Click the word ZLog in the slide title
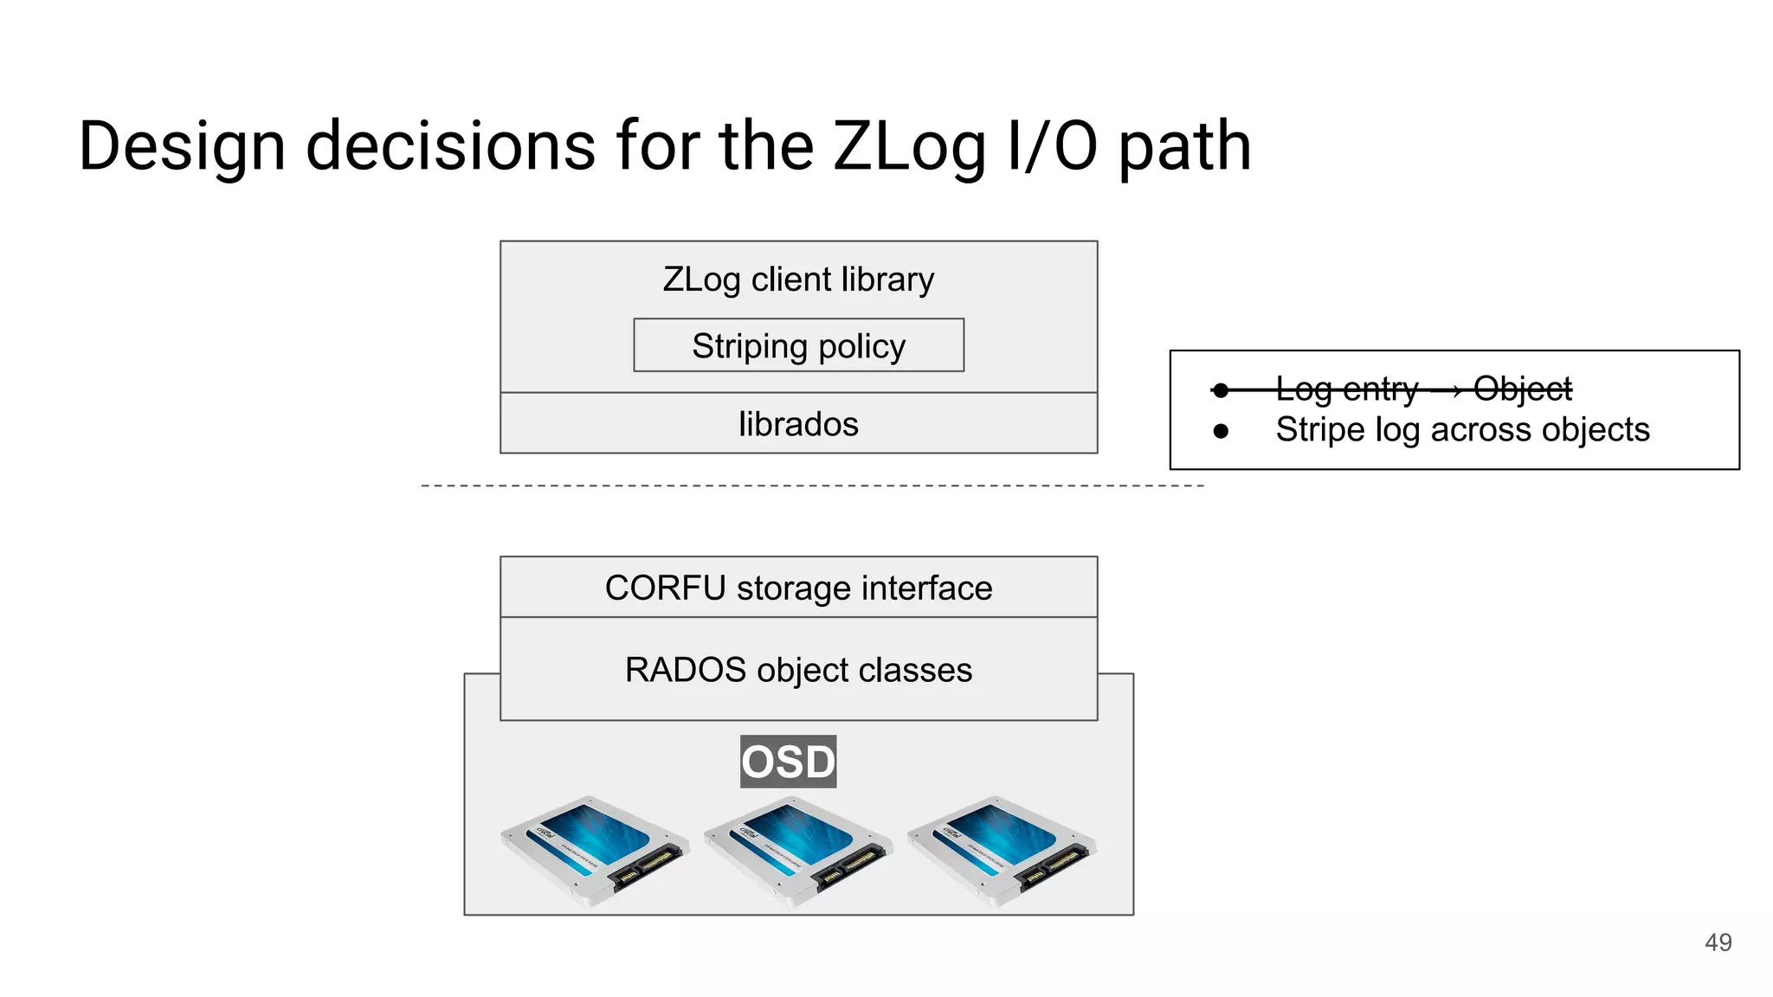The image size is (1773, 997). pyautogui.click(x=908, y=147)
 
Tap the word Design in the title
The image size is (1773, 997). pyautogui.click(x=182, y=147)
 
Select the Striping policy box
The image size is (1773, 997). pyautogui.click(x=798, y=345)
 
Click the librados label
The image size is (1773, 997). pyautogui.click(x=798, y=424)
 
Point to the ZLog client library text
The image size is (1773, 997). pyautogui.click(x=798, y=280)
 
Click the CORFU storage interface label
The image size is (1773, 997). pyautogui.click(x=798, y=588)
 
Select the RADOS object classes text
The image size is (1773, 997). pyautogui.click(x=798, y=670)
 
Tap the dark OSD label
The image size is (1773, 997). pyautogui.click(x=788, y=762)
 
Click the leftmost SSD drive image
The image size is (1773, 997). pyautogui.click(x=594, y=850)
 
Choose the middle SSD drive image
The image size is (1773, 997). pyautogui.click(x=797, y=850)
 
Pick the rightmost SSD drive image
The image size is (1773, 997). pyautogui.click(x=1001, y=850)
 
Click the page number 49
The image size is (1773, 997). pyautogui.click(x=1718, y=942)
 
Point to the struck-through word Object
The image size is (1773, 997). pyautogui.click(x=1522, y=389)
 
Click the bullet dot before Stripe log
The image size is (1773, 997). pyautogui.click(x=1221, y=431)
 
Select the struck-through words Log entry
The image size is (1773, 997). pyautogui.click(x=1347, y=389)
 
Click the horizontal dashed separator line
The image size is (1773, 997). pyautogui.click(x=812, y=486)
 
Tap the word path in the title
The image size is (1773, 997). pyautogui.click(x=1184, y=147)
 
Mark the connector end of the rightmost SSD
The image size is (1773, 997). pyautogui.click(x=1058, y=866)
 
